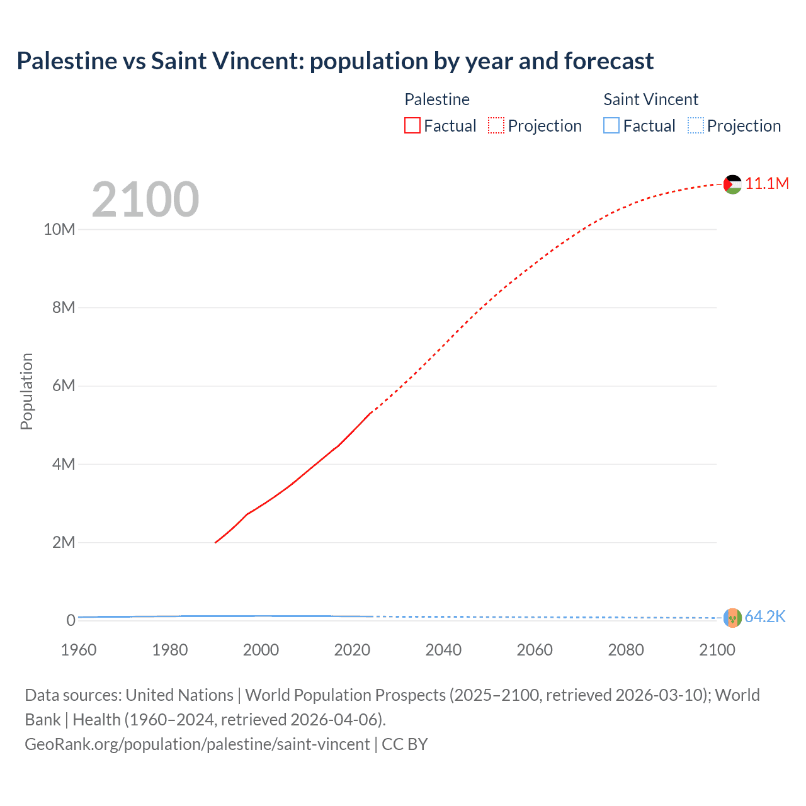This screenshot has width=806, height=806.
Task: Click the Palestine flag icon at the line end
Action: [x=732, y=184]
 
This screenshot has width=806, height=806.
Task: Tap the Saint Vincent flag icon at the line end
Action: [x=732, y=618]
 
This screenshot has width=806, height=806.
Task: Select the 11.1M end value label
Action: [x=767, y=183]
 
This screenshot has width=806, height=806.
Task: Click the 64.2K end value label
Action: [x=765, y=616]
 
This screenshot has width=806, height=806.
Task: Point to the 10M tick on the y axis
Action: [x=59, y=229]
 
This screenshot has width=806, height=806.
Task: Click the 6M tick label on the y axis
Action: [x=63, y=385]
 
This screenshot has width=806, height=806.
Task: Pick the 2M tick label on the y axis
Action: [x=63, y=542]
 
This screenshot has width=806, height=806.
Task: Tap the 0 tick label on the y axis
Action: [x=71, y=620]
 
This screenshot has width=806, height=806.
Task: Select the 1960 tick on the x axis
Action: [x=79, y=650]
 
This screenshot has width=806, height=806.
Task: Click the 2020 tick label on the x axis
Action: [x=352, y=650]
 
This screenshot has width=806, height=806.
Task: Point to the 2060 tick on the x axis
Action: [x=535, y=650]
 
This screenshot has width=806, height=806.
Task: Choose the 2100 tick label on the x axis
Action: [x=717, y=650]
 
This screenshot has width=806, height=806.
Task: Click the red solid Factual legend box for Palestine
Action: [x=412, y=125]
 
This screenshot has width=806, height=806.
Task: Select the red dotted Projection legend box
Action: [x=496, y=125]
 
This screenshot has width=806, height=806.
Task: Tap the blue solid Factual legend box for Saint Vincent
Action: [x=611, y=125]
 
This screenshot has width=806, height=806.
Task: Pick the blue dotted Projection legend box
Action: [x=696, y=125]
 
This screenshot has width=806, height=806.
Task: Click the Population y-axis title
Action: [x=26, y=391]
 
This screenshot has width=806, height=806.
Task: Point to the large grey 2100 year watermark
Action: [x=145, y=200]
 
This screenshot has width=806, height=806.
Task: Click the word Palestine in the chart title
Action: [x=67, y=61]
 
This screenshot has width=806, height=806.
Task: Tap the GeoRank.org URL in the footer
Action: [x=197, y=744]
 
